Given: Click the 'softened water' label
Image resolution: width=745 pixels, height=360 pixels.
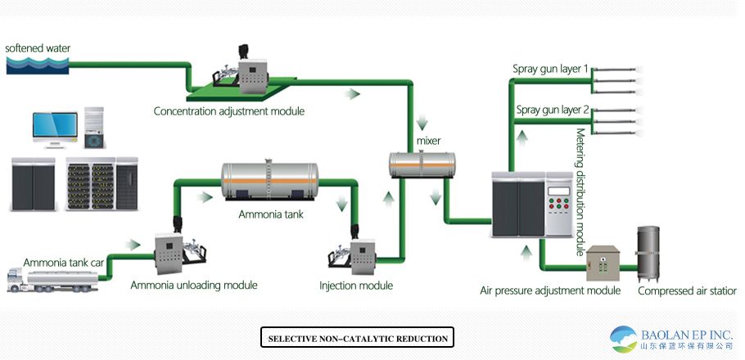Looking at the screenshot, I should click(38, 48).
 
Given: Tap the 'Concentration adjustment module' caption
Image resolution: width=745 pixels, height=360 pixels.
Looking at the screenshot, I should click(224, 110).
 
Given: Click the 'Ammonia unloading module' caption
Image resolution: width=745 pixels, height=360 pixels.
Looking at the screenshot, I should click(194, 286).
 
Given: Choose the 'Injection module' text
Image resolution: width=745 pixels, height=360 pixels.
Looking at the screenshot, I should click(356, 286).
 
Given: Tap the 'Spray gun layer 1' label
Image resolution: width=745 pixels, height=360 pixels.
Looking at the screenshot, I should click(551, 69).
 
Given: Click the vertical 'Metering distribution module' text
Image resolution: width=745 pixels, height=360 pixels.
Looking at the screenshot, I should click(580, 192).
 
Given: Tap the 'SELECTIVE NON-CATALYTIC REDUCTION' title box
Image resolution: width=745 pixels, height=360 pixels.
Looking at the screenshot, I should click(357, 338).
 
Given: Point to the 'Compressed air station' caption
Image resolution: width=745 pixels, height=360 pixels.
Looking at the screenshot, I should click(687, 290).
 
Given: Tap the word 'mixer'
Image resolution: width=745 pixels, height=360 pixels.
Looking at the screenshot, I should click(429, 141).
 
